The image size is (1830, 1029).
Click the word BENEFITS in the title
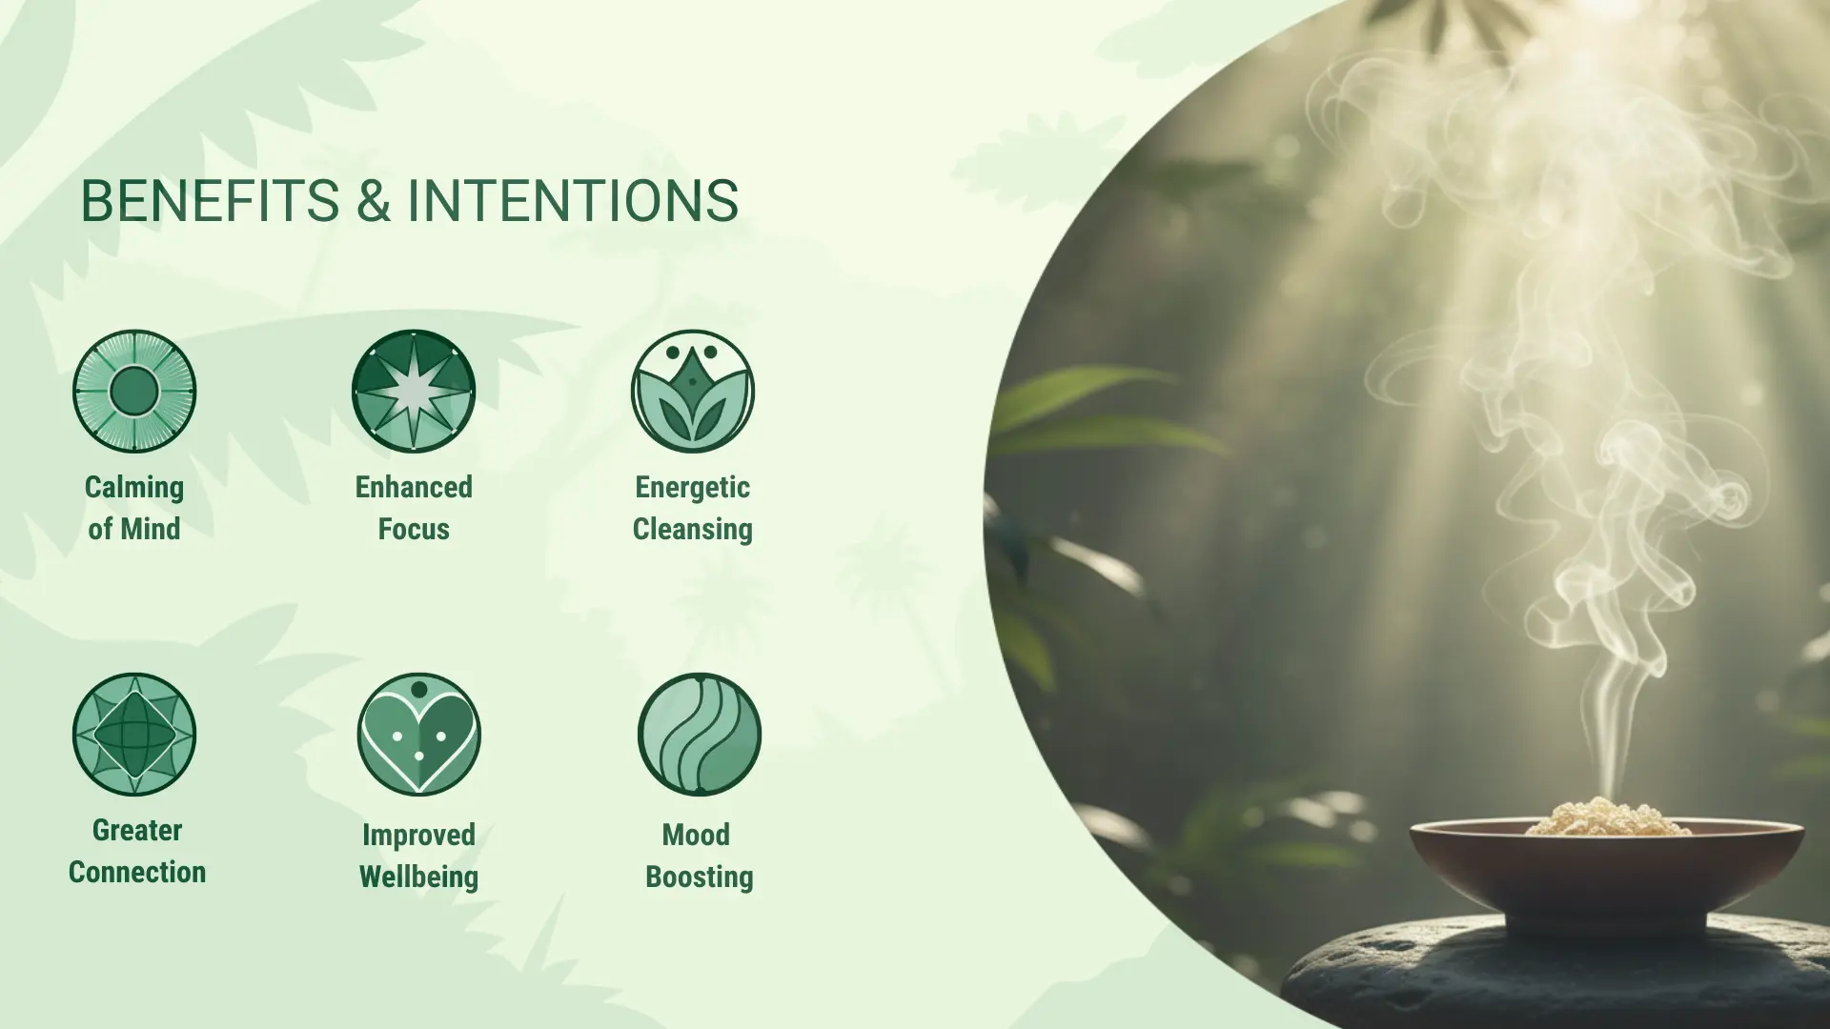[x=210, y=201]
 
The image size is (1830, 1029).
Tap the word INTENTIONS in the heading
[x=573, y=201]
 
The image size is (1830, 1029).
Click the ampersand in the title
[x=374, y=201]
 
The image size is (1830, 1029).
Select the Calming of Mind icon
[x=134, y=391]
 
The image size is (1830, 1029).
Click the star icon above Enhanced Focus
[x=414, y=391]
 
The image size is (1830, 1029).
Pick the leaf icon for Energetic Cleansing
[x=693, y=391]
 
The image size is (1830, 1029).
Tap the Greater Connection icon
[x=134, y=734]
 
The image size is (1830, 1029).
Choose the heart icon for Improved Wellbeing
[x=419, y=734]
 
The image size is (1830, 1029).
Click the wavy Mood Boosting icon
[x=700, y=734]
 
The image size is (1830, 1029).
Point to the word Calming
[x=134, y=489]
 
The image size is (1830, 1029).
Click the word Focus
[x=414, y=529]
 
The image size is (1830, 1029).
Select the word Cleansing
[x=693, y=530]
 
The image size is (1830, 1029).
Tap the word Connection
[x=137, y=872]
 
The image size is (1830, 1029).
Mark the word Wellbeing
[x=419, y=878]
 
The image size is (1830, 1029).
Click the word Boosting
[x=700, y=878]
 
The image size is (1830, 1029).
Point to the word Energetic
[x=693, y=488]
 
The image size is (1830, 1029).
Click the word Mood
[x=696, y=835]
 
